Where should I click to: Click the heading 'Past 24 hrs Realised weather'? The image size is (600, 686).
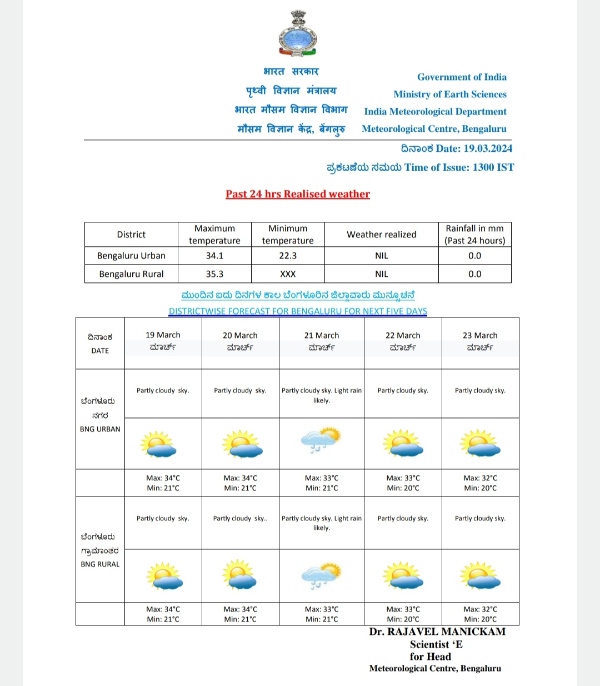point(297,194)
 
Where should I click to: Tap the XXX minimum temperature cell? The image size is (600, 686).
point(287,274)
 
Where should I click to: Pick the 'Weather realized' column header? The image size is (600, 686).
point(381,235)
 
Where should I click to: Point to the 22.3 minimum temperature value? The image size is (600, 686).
point(287,255)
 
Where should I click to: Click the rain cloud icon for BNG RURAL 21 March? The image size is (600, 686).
point(321,574)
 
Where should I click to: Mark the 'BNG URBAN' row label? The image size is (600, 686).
point(101,429)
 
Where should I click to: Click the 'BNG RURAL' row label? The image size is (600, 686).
point(101,564)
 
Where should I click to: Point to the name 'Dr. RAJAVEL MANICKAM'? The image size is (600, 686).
point(436,633)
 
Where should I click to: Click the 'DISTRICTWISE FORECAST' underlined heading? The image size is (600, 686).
point(297,311)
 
